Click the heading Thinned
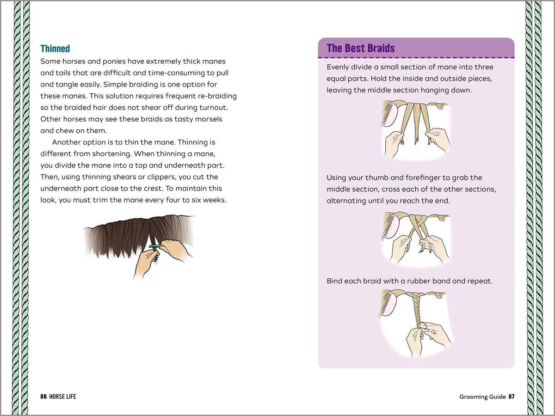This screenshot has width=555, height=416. [x=55, y=49]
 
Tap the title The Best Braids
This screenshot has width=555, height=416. [x=361, y=48]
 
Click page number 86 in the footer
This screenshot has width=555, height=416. [x=43, y=397]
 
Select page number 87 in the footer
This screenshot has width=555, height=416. [x=511, y=397]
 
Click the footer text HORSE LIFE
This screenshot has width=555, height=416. [x=64, y=397]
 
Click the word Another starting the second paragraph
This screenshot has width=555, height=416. [x=67, y=142]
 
